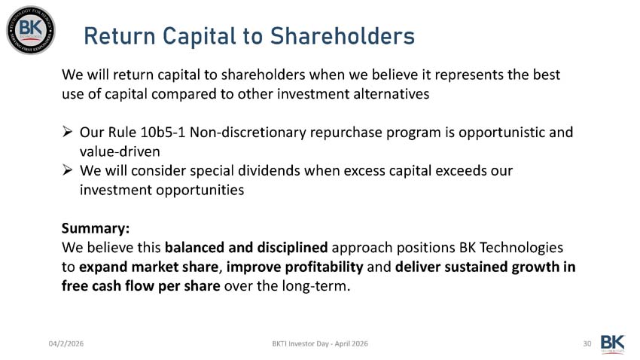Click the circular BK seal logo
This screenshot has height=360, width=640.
pos(31,30)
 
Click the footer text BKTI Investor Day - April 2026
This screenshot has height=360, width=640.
pos(320,343)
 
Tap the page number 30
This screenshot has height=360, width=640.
pos(587,343)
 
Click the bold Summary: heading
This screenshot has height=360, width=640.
pos(96,228)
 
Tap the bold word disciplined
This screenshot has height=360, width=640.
pos(291,248)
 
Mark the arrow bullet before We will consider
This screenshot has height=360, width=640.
pos(67,172)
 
